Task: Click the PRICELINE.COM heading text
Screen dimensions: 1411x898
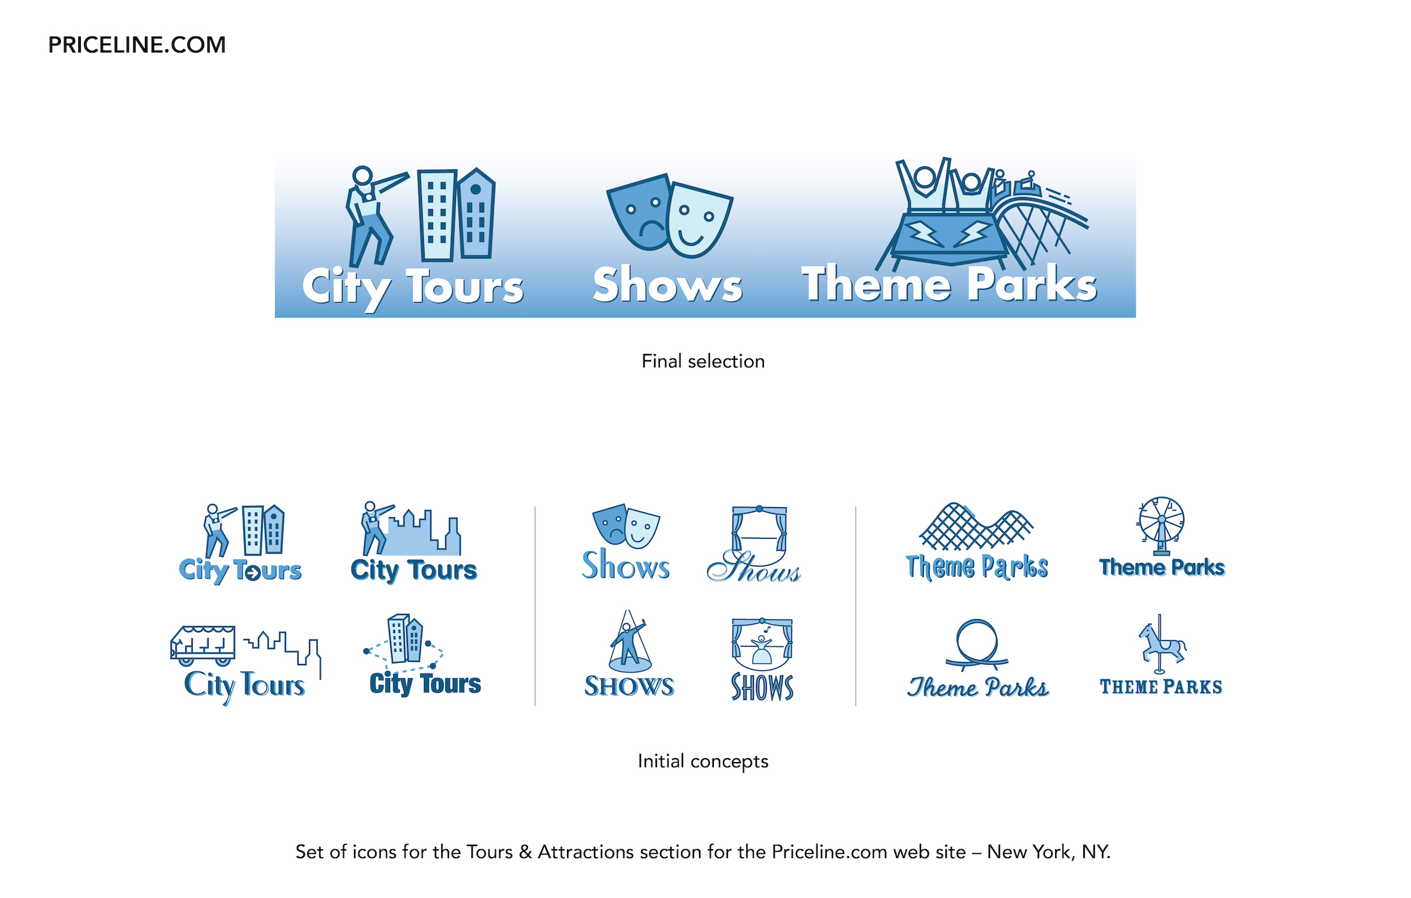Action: (x=137, y=45)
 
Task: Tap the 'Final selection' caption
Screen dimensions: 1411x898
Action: (x=703, y=361)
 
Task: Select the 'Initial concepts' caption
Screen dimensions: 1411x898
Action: (x=703, y=761)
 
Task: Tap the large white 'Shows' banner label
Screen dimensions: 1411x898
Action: (x=667, y=284)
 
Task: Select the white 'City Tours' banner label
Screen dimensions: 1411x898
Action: (x=412, y=287)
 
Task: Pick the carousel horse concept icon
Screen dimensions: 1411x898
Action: (x=1162, y=644)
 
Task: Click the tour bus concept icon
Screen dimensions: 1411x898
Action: (x=203, y=646)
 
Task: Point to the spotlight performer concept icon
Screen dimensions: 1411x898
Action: (x=629, y=641)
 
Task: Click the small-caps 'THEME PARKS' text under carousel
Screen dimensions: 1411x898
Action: (x=1161, y=687)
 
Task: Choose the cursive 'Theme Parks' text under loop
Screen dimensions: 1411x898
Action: (x=977, y=688)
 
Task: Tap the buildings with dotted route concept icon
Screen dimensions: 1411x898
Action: (x=404, y=642)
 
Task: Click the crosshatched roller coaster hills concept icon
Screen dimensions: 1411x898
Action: (x=976, y=527)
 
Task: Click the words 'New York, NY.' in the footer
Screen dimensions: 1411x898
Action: (x=1049, y=852)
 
